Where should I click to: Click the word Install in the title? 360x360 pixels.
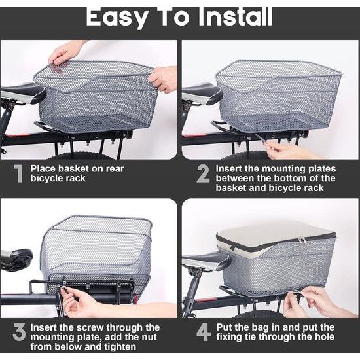pyautogui.click(x=236, y=16)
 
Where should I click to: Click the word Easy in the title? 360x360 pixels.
pyautogui.click(x=117, y=18)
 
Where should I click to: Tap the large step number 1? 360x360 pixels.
pyautogui.click(x=18, y=173)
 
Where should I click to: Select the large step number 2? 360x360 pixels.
pyautogui.click(x=203, y=173)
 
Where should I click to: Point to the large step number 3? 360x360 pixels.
pyautogui.click(x=19, y=332)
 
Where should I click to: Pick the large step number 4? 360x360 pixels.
pyautogui.click(x=204, y=332)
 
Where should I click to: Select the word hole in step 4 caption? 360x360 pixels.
pyautogui.click(x=325, y=337)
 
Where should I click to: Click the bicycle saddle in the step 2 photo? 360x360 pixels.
pyautogui.click(x=202, y=93)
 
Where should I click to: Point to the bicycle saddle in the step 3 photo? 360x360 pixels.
pyautogui.click(x=16, y=259)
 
